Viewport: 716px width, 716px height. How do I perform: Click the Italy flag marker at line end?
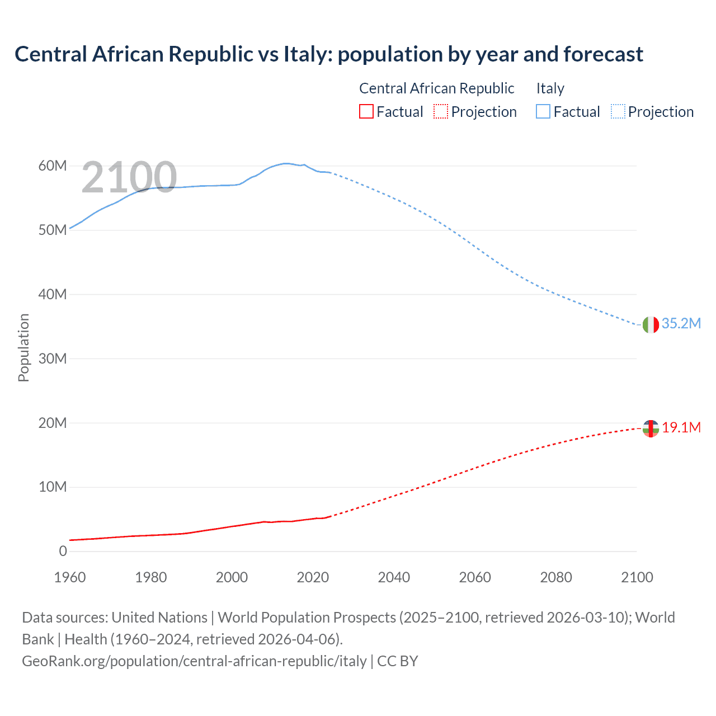click(x=651, y=324)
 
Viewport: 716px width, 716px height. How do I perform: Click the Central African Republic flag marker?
click(x=651, y=428)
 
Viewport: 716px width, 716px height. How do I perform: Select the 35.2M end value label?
click(x=681, y=323)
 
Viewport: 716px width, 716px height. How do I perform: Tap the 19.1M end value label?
click(x=681, y=427)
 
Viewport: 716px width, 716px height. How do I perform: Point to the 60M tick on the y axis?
click(x=53, y=166)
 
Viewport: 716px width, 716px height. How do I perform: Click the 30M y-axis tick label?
click(x=53, y=359)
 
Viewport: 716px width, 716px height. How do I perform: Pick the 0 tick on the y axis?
click(x=63, y=551)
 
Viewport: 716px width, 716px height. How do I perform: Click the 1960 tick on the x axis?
click(x=70, y=577)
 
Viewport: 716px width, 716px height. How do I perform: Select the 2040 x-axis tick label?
click(x=394, y=577)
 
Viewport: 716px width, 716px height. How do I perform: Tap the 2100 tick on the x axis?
click(x=637, y=577)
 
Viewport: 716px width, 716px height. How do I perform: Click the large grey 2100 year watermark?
click(x=129, y=177)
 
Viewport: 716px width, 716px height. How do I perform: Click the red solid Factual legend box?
click(x=366, y=111)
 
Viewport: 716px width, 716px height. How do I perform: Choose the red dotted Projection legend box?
click(x=441, y=111)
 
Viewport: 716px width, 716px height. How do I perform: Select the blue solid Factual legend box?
click(x=543, y=111)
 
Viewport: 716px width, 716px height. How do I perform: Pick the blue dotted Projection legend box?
click(x=618, y=111)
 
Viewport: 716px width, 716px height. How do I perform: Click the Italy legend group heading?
click(x=550, y=88)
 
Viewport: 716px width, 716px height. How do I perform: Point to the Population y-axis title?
click(x=23, y=347)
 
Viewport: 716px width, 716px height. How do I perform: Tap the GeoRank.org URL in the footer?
click(x=194, y=661)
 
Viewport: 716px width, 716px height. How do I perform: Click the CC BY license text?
click(x=398, y=661)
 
